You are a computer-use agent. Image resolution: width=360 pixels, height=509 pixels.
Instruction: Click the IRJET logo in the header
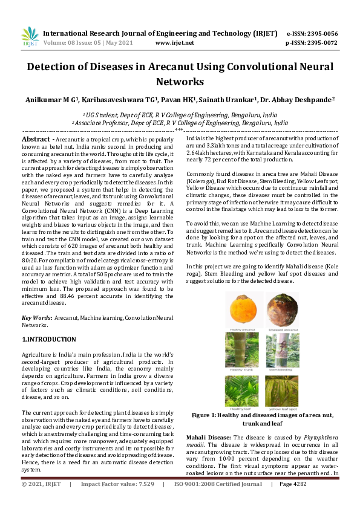pos(30,38)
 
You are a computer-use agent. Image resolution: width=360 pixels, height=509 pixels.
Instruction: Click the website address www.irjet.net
pos(174,43)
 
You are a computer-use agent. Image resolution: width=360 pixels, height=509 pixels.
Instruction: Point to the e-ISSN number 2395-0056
pos(321,33)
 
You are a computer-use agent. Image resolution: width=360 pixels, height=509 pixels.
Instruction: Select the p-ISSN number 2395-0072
pos(321,43)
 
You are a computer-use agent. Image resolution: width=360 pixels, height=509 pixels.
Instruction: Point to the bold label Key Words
pos(36,317)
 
